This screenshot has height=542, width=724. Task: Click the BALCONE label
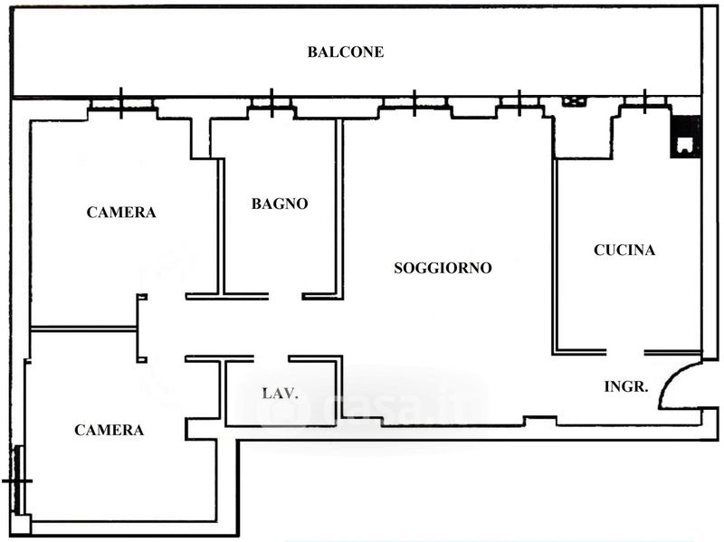[x=345, y=52]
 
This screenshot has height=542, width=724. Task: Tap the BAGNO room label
[x=280, y=204]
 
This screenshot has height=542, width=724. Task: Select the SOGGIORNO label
[x=443, y=269]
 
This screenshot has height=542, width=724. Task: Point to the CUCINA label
[x=624, y=251]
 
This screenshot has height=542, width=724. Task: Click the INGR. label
[x=626, y=386]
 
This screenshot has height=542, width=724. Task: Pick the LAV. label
[x=281, y=394]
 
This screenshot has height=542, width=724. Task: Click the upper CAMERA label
[x=121, y=213]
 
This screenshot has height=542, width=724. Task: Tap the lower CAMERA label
[x=109, y=431]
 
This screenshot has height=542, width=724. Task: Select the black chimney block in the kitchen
[x=684, y=136]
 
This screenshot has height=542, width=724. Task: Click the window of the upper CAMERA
[x=121, y=105]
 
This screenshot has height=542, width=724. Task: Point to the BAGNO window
[x=271, y=105]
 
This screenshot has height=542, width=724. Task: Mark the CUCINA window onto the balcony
[x=643, y=104]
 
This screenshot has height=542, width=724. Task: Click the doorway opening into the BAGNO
[x=285, y=296]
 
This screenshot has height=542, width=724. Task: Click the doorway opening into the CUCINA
[x=624, y=351]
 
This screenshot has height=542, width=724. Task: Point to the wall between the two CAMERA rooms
[x=83, y=328]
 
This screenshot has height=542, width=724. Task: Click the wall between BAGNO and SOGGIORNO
[x=339, y=208]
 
